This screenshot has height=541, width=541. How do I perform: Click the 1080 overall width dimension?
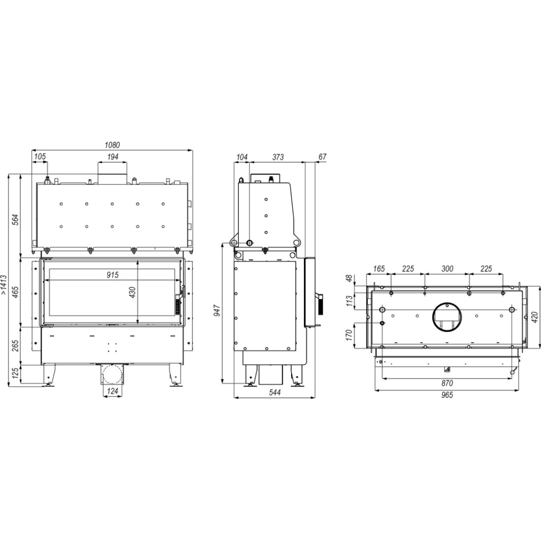tap(112, 145)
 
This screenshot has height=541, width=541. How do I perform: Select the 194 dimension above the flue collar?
tap(113, 157)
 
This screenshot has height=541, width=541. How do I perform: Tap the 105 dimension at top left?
tap(40, 157)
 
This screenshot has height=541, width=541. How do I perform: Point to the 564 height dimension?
tap(16, 220)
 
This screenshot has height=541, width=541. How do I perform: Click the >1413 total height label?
tap(3, 284)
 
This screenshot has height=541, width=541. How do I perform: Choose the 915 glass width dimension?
tap(113, 275)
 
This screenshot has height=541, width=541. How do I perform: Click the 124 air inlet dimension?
tap(113, 391)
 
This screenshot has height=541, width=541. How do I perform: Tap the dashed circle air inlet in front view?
tap(112, 375)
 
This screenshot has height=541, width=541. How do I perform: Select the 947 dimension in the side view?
tap(217, 311)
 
